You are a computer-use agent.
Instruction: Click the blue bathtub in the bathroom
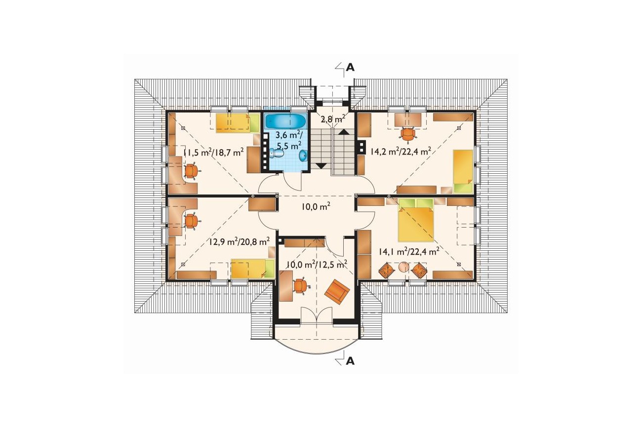(286, 121)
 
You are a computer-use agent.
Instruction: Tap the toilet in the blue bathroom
(277, 154)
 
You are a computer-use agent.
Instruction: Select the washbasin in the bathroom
(304, 156)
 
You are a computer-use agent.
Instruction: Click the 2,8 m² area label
(332, 118)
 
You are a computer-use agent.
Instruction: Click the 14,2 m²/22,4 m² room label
(401, 151)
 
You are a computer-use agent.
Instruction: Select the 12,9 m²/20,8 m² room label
(240, 241)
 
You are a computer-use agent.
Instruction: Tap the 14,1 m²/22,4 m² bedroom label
(409, 252)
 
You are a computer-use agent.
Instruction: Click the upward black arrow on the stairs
(344, 131)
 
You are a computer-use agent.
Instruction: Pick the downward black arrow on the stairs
(321, 165)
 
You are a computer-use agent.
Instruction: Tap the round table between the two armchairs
(403, 267)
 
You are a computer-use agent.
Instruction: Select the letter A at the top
(350, 67)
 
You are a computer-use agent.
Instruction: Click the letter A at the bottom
(350, 361)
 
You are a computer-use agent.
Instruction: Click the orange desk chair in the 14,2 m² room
(408, 134)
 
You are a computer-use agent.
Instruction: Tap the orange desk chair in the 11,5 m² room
(192, 171)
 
